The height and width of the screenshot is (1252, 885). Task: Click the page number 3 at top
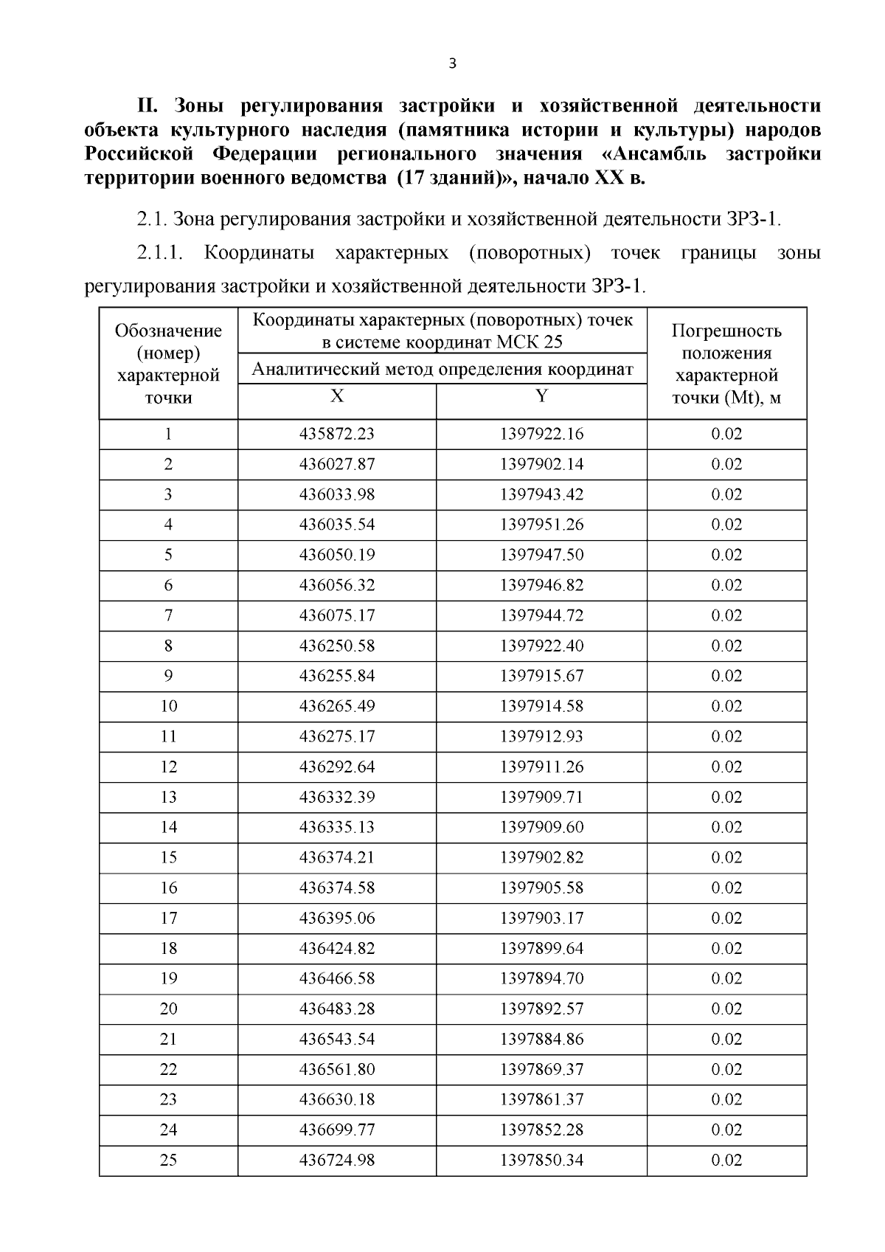click(452, 64)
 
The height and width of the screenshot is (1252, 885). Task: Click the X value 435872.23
click(336, 434)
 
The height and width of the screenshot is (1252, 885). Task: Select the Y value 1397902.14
click(541, 464)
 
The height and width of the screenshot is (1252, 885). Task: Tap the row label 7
click(168, 615)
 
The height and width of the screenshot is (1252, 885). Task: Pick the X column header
click(336, 396)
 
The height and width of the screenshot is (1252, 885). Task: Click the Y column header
click(541, 396)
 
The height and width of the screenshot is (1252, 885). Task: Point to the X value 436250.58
click(336, 646)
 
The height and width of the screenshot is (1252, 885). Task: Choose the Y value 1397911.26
click(541, 767)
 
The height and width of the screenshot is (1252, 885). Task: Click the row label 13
click(168, 797)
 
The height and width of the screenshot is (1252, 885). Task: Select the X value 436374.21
click(336, 857)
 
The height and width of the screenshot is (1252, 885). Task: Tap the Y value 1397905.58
click(541, 888)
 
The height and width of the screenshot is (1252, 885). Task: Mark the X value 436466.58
click(336, 978)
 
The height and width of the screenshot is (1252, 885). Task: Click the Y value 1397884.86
click(541, 1039)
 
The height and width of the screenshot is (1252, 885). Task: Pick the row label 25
click(168, 1160)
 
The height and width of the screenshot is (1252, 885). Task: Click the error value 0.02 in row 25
click(726, 1160)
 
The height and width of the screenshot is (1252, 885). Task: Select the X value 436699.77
click(336, 1130)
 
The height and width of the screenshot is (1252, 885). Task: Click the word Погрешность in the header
click(726, 331)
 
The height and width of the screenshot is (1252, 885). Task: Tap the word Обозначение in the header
click(168, 331)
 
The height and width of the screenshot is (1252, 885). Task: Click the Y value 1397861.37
click(541, 1099)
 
